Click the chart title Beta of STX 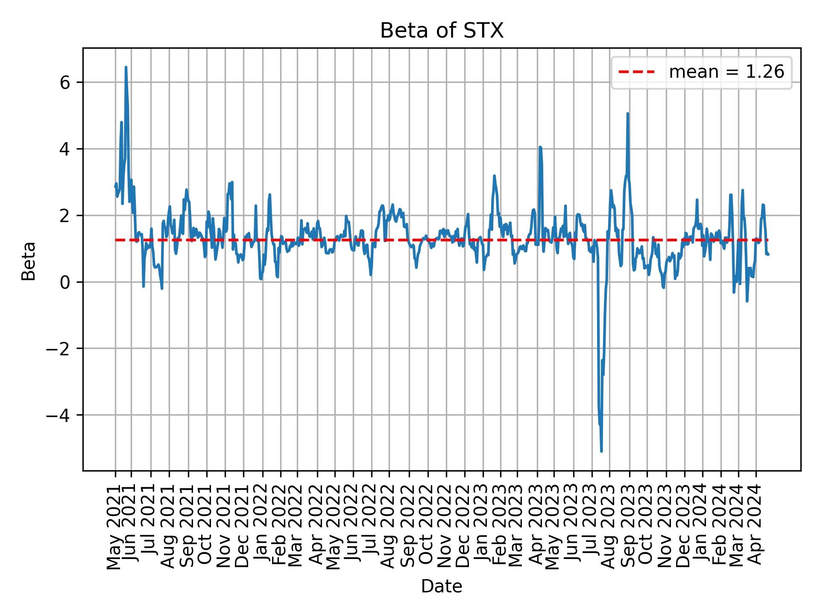(x=442, y=31)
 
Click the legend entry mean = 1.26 (x=726, y=72)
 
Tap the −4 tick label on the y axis (x=59, y=415)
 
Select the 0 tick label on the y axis (x=65, y=282)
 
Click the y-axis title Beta (x=29, y=261)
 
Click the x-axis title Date (x=442, y=586)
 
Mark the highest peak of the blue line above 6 (x=126, y=67)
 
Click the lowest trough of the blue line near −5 (x=601, y=451)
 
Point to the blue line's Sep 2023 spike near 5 (x=627, y=114)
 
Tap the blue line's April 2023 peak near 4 (x=540, y=147)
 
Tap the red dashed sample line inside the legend (x=636, y=72)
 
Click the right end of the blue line (x=768, y=255)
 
